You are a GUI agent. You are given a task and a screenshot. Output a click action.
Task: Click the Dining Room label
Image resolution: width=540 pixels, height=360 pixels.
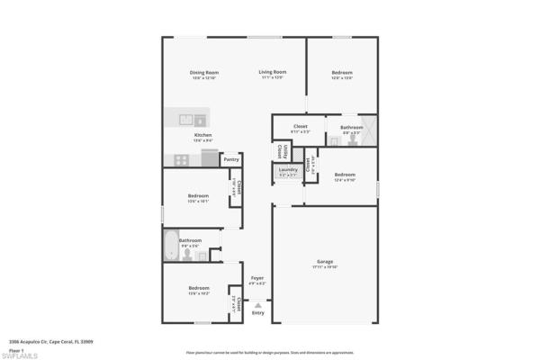[x=204, y=72]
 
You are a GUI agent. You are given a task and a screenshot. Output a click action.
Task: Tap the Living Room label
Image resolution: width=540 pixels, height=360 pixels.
[x=272, y=72]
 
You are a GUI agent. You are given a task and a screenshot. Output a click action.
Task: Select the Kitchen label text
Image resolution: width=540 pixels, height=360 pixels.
[x=203, y=135]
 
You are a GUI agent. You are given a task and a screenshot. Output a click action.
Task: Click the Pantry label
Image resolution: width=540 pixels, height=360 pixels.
[x=230, y=160]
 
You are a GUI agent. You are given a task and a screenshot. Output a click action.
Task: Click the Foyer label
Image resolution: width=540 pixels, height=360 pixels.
[x=257, y=279]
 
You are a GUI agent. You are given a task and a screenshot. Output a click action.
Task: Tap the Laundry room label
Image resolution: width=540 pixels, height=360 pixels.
[x=288, y=169]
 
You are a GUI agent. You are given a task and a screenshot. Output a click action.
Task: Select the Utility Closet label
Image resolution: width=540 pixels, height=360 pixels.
[x=280, y=150]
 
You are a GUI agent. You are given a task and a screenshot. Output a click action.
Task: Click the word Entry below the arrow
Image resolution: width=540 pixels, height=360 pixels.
[x=258, y=313]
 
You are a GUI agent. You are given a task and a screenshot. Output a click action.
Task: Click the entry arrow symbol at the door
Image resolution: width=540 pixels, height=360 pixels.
[x=258, y=305]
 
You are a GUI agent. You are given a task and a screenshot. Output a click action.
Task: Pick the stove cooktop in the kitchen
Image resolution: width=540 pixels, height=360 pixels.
[x=181, y=159]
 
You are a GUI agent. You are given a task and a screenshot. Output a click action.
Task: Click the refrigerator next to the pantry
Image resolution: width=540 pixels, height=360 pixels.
[x=210, y=158]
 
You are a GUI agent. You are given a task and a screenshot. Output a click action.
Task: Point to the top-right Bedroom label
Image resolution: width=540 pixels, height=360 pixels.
[x=341, y=72]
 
